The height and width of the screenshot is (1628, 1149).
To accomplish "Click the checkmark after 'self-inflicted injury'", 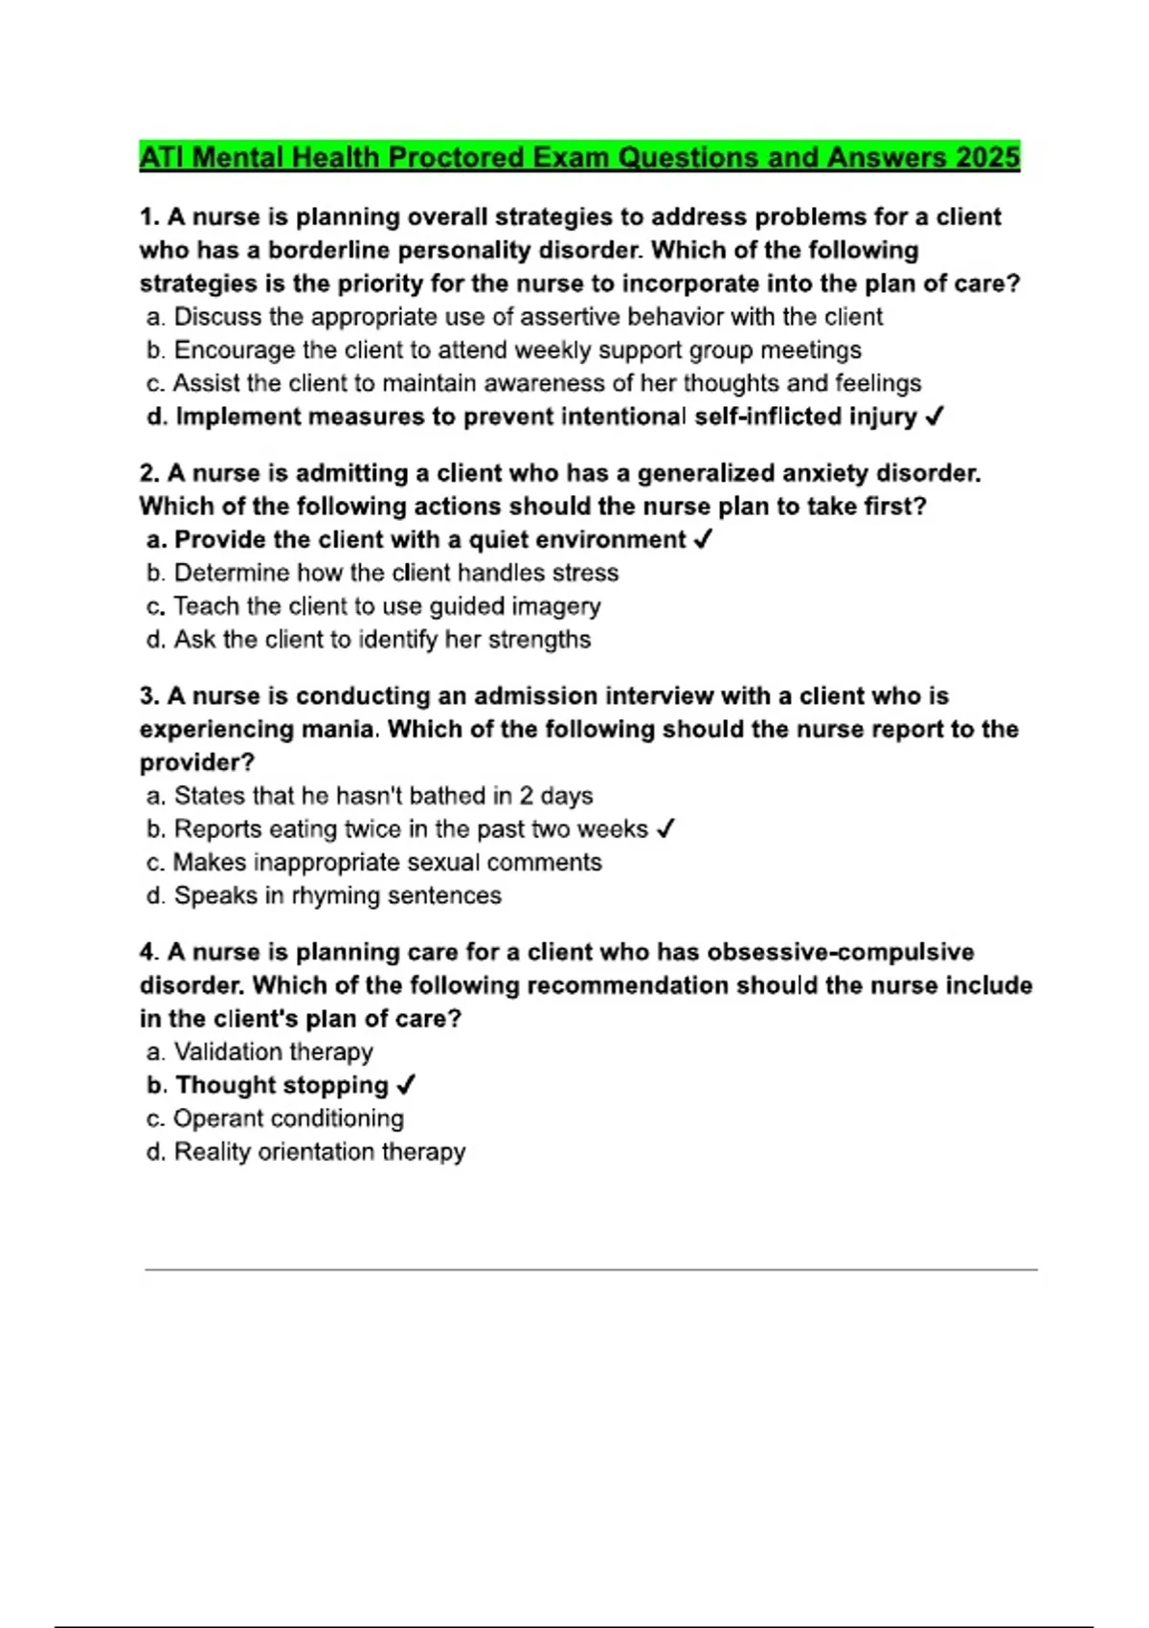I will pos(935,417).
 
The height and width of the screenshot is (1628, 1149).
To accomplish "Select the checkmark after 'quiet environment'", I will pos(702,539).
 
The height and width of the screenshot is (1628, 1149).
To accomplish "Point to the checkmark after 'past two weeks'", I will pos(665,828).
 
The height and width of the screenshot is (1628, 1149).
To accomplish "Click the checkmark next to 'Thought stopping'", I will pos(405,1085).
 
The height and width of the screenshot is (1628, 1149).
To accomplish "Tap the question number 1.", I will pos(148,216).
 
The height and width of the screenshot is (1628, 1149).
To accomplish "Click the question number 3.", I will pos(148,695).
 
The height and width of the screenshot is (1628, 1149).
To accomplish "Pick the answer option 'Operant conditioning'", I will pos(288,1119).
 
